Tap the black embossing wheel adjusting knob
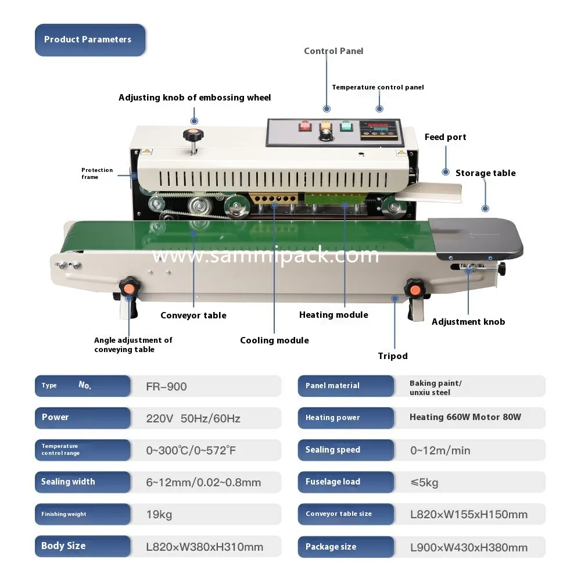coord(193,135)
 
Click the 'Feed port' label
coord(445,137)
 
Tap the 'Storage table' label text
coord(485,173)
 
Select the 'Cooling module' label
coord(274,340)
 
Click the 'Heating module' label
coord(333,315)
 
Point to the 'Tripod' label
coord(393,356)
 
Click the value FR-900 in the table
coord(166,386)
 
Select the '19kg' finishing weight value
coord(159,515)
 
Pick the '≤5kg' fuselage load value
coord(424,482)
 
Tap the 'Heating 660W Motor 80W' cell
coord(465,417)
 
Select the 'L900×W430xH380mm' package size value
coord(469,547)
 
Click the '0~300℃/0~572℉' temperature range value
coord(191,450)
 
